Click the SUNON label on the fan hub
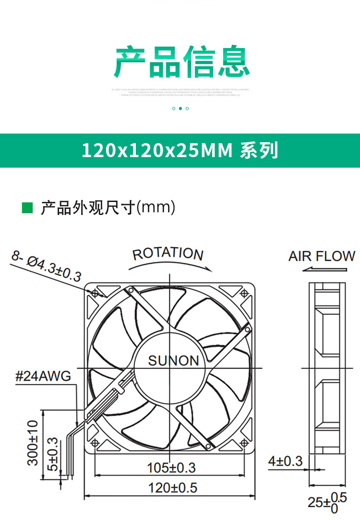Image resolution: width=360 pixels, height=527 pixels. pyautogui.click(x=173, y=361)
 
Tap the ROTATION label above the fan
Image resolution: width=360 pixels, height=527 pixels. pyautogui.click(x=168, y=254)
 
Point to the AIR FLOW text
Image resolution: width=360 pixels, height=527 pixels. pyautogui.click(x=322, y=256)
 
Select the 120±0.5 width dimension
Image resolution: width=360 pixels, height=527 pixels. pyautogui.click(x=173, y=488)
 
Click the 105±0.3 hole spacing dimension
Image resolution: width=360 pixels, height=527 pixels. pyautogui.click(x=171, y=467)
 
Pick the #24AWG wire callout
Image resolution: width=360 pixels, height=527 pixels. pyautogui.click(x=43, y=376)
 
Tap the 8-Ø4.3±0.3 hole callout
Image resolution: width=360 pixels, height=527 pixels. pyautogui.click(x=47, y=268)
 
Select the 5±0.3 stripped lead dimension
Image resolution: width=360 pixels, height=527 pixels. pyautogui.click(x=53, y=454)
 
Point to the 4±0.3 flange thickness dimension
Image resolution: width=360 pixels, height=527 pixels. pyautogui.click(x=285, y=462)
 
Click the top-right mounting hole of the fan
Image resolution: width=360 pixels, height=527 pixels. pyautogui.click(x=245, y=292)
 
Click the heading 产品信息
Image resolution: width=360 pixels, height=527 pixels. pyautogui.click(x=181, y=62)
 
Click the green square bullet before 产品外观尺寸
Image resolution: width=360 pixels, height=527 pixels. pyautogui.click(x=28, y=208)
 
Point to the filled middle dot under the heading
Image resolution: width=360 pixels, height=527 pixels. pyautogui.click(x=180, y=109)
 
